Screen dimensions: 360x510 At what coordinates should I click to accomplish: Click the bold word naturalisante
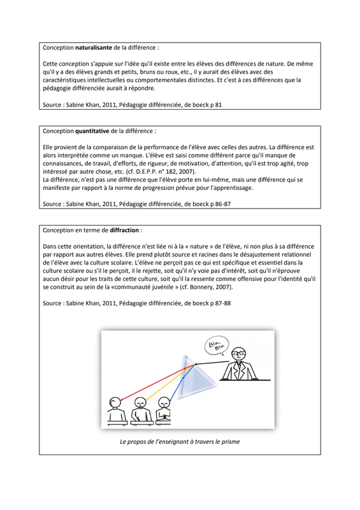point(94,47)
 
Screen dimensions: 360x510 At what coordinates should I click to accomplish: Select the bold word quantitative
point(92,131)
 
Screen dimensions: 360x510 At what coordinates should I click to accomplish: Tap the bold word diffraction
point(124,230)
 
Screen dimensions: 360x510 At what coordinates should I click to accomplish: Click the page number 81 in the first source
point(218,105)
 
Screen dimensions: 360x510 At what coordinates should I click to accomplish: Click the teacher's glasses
point(239,353)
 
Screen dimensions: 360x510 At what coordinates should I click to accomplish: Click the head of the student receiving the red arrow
point(115,403)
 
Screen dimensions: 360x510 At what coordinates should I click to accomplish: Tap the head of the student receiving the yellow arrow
point(140,404)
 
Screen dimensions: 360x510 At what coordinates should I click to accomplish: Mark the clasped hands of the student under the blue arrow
point(165,416)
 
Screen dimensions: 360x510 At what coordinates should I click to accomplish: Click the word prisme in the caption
point(231,442)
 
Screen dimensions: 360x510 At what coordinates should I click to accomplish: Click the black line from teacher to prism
point(212,363)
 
